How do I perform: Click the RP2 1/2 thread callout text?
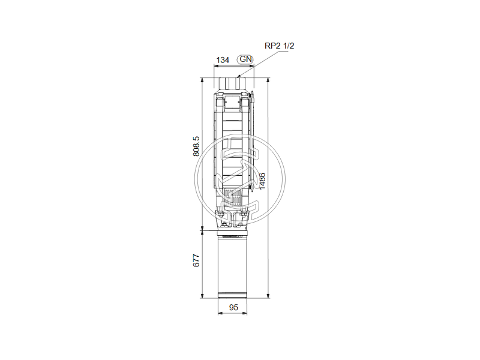(280, 45)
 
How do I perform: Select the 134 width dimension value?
(223, 59)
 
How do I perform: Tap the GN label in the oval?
(245, 59)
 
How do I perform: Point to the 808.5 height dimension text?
(196, 146)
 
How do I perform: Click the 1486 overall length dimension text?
(262, 181)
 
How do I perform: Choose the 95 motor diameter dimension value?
(234, 307)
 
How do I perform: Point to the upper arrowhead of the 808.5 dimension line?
(204, 79)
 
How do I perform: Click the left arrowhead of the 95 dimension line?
(218, 314)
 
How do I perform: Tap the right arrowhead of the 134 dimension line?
(253, 65)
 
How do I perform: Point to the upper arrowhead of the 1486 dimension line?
(268, 79)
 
